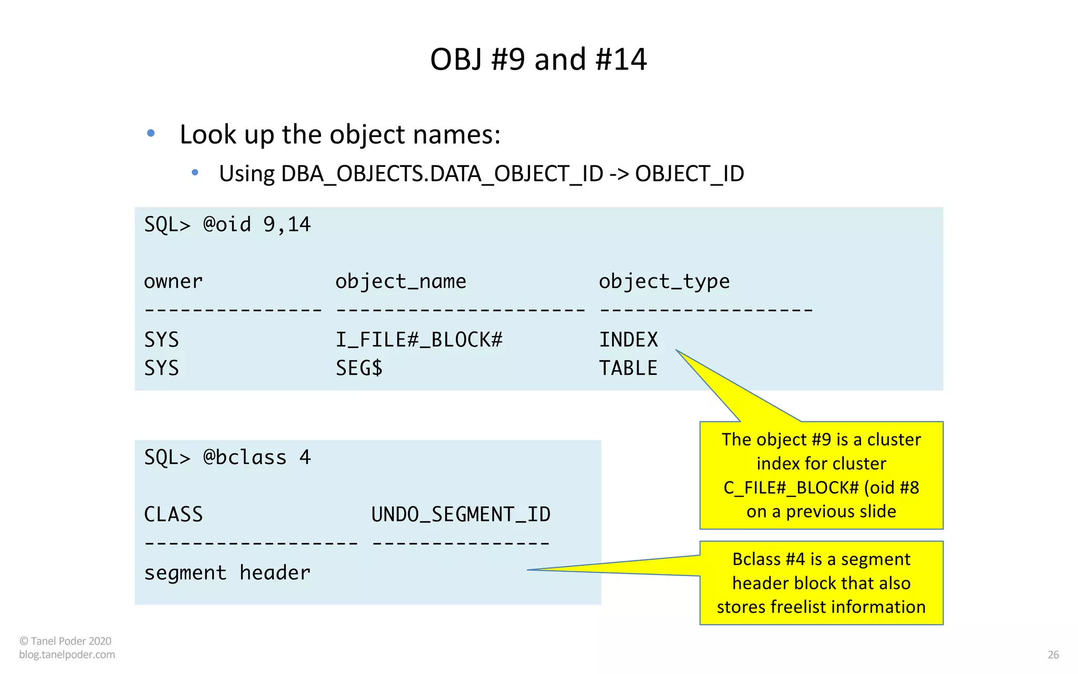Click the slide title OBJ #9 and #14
click(x=538, y=59)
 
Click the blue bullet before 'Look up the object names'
click(x=151, y=133)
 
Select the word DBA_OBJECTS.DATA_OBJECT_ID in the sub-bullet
click(x=442, y=174)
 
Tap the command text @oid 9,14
click(x=257, y=225)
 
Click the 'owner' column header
click(x=173, y=282)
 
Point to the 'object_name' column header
click(x=401, y=282)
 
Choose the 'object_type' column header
click(x=664, y=282)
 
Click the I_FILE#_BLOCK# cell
click(x=419, y=340)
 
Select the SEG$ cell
click(x=359, y=368)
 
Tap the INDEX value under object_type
click(x=628, y=340)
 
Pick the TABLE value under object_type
click(x=628, y=368)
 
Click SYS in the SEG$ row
click(x=162, y=368)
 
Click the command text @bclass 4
click(x=257, y=458)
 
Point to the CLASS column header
click(x=173, y=514)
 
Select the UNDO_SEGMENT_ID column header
click(x=461, y=514)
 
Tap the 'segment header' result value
click(x=227, y=572)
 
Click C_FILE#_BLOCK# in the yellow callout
click(x=791, y=488)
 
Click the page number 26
click(x=1053, y=655)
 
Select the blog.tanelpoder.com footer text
click(x=67, y=655)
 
